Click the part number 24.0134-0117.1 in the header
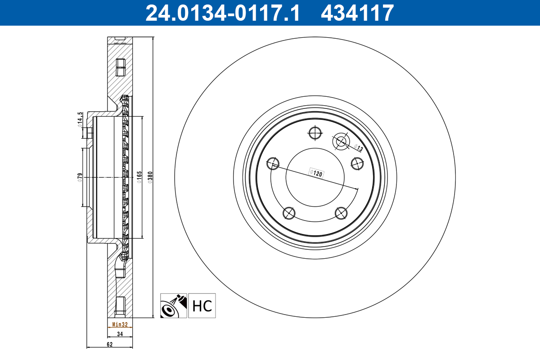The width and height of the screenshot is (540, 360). (x=222, y=13)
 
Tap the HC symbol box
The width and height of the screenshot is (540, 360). (x=202, y=306)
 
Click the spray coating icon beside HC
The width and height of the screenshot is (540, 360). (x=174, y=306)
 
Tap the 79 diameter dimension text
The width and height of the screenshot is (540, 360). (x=80, y=176)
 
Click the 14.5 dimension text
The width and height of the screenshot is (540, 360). (x=80, y=120)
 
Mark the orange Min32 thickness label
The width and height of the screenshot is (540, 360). (x=120, y=324)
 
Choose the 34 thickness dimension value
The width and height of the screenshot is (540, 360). (x=120, y=334)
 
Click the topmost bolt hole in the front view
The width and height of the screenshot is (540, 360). (x=315, y=133)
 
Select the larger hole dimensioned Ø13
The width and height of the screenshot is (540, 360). (x=341, y=142)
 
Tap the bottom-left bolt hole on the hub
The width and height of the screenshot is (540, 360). (x=288, y=213)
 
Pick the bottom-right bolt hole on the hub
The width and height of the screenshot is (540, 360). (x=342, y=213)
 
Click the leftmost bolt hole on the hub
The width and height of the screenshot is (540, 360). (x=272, y=163)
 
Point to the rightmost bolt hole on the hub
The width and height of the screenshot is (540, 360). (x=357, y=163)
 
